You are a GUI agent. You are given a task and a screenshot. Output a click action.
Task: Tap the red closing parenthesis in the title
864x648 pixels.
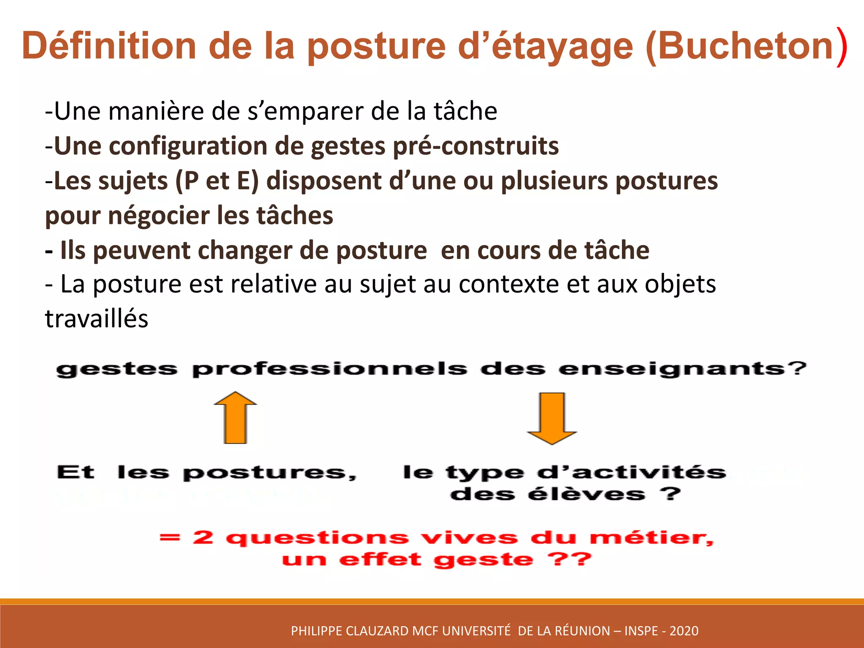point(842,46)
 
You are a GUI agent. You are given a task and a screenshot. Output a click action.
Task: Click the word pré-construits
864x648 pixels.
point(475,146)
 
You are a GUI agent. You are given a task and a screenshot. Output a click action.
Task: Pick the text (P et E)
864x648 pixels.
point(216,181)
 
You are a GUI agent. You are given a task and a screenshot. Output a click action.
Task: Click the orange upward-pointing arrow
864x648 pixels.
point(235,418)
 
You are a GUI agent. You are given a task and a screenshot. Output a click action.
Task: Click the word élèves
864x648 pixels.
point(586,494)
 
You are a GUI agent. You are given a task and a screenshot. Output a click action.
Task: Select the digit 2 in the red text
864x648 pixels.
point(203,537)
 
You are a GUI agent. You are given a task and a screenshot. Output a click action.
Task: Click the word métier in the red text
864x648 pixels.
point(650,537)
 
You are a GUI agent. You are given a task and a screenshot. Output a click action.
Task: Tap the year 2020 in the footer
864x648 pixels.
point(684,631)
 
